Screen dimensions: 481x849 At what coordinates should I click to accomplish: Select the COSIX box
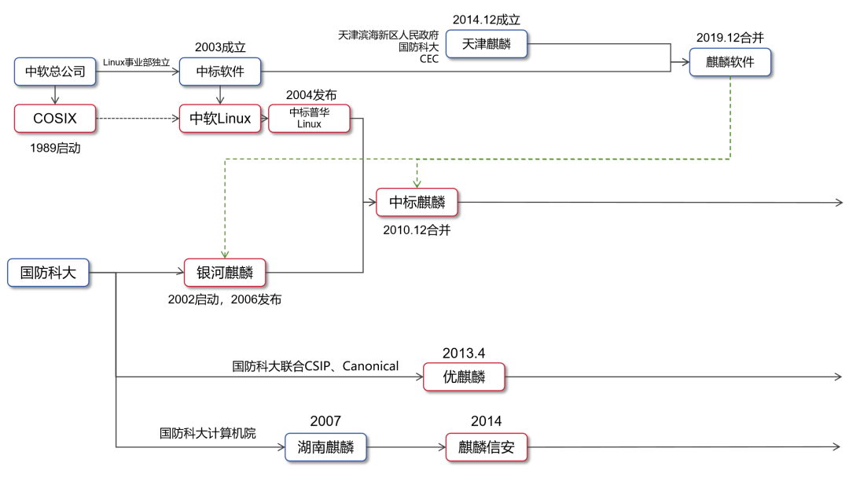(x=55, y=119)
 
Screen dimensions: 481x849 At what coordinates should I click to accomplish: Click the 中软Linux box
(x=219, y=119)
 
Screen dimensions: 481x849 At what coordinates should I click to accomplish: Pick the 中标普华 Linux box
(x=310, y=118)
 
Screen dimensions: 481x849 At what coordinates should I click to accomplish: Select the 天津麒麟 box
(x=487, y=44)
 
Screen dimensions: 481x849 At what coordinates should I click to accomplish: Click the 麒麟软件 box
(x=730, y=62)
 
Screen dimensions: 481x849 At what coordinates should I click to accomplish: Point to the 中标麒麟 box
(x=417, y=203)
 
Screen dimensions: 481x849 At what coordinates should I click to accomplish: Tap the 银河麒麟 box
(x=226, y=273)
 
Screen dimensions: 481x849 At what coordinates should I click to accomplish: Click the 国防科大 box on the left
(x=47, y=273)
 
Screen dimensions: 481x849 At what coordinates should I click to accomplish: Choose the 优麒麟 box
(x=462, y=377)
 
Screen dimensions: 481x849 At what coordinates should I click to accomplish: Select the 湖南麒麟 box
(x=325, y=448)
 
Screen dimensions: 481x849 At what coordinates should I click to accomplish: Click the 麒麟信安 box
(x=487, y=448)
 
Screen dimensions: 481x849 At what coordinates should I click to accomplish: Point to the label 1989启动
(x=55, y=147)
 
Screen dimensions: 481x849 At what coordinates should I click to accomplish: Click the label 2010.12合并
(x=417, y=230)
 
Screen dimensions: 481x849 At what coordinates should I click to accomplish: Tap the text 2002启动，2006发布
(x=225, y=300)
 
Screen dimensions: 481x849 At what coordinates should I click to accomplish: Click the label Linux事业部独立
(x=137, y=63)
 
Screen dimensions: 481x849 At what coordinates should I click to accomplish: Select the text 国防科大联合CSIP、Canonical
(x=315, y=366)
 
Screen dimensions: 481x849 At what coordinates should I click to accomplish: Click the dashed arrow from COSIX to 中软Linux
(x=138, y=119)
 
